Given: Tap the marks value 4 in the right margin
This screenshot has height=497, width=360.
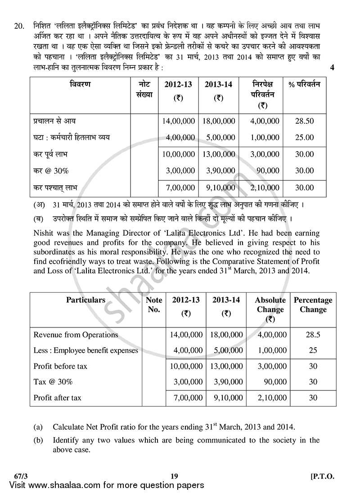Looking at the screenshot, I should pyautogui.click(x=332, y=68).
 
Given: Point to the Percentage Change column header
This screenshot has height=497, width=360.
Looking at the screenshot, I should pyautogui.click(x=313, y=304).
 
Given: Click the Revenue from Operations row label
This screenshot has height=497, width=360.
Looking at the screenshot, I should pyautogui.click(x=76, y=335).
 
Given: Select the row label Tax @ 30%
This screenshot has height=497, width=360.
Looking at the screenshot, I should pyautogui.click(x=53, y=382).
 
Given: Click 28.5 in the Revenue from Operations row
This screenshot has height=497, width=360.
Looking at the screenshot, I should pyautogui.click(x=313, y=335).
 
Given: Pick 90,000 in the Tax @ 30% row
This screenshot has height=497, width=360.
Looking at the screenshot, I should pyautogui.click(x=274, y=382).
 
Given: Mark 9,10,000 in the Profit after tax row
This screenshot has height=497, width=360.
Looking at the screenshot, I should pyautogui.click(x=227, y=398).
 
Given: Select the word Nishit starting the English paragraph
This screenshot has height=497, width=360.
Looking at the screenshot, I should pyautogui.click(x=44, y=233).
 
